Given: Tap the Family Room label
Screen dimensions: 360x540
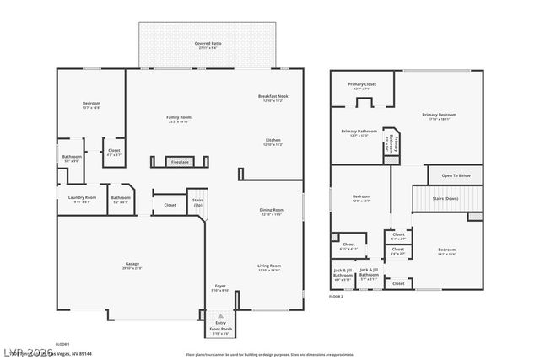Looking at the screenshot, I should pyautogui.click(x=178, y=117).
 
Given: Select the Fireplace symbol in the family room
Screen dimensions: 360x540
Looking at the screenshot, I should pyautogui.click(x=180, y=161).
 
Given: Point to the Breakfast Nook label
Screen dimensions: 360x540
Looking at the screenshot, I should pyautogui.click(x=273, y=97).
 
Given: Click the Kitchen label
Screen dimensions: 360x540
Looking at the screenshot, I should pyautogui.click(x=273, y=140).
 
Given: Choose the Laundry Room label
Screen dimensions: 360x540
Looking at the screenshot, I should pyautogui.click(x=82, y=198).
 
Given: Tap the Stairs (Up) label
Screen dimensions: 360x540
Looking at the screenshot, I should pyautogui.click(x=197, y=202).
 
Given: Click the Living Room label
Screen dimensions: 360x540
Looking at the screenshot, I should pyautogui.click(x=269, y=266).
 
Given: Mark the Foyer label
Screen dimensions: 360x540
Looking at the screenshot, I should pyautogui.click(x=219, y=287).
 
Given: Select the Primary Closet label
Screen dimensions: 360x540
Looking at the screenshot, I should pyautogui.click(x=364, y=84).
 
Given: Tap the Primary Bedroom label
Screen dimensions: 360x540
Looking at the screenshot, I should pyautogui.click(x=439, y=115).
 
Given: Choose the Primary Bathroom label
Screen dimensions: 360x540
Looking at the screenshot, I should pyautogui.click(x=359, y=132).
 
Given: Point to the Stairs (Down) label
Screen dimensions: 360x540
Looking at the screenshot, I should pyautogui.click(x=445, y=199).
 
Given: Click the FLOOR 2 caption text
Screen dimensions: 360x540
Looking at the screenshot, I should pyautogui.click(x=337, y=298).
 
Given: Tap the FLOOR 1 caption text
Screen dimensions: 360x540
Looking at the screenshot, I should pyautogui.click(x=62, y=344).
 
